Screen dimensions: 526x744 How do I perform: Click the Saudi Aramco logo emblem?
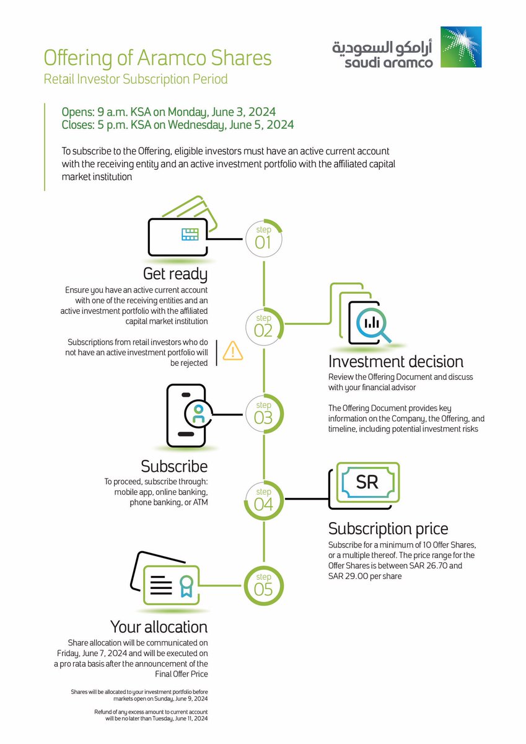(x=460, y=47)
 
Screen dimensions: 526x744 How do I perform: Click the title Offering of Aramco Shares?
(x=157, y=58)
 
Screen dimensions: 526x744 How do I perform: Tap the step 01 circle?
(x=263, y=237)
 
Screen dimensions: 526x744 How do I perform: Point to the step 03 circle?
(x=263, y=412)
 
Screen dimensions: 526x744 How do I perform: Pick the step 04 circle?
(x=263, y=499)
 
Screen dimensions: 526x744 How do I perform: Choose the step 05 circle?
(x=263, y=584)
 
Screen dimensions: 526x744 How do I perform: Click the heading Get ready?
(x=175, y=273)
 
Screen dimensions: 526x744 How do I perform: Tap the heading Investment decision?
(x=396, y=361)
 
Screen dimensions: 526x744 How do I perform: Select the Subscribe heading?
(x=174, y=466)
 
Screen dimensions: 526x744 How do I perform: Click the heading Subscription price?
(x=388, y=529)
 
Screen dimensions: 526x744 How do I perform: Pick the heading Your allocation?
(x=159, y=626)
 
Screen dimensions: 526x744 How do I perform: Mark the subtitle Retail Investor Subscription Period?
(x=136, y=79)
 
